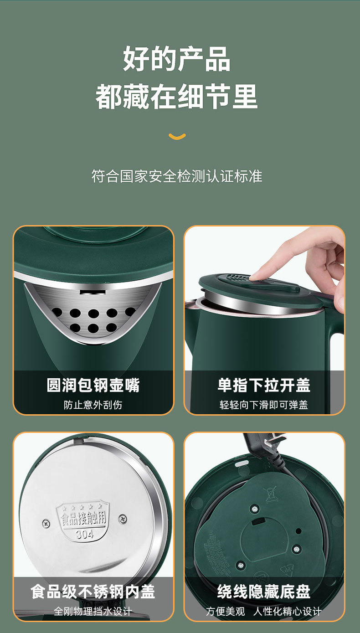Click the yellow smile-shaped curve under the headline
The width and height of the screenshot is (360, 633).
click(177, 136)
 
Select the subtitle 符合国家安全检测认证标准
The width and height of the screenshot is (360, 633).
click(177, 176)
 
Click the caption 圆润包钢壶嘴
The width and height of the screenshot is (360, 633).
click(93, 385)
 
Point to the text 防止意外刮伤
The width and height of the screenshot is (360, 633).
click(93, 405)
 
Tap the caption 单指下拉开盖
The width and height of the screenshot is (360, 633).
click(264, 385)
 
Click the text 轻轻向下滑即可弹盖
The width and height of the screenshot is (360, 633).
click(264, 405)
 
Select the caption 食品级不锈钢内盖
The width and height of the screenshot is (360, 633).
click(93, 592)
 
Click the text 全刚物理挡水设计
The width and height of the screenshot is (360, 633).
click(93, 611)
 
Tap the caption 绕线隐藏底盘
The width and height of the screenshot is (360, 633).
click(264, 592)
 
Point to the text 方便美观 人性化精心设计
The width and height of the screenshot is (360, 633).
click(264, 611)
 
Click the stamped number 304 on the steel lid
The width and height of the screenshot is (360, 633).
click(85, 534)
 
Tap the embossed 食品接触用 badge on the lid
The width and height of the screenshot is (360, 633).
click(85, 518)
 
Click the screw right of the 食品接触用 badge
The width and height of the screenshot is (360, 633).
click(123, 518)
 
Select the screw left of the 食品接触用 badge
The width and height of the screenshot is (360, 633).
click(46, 523)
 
